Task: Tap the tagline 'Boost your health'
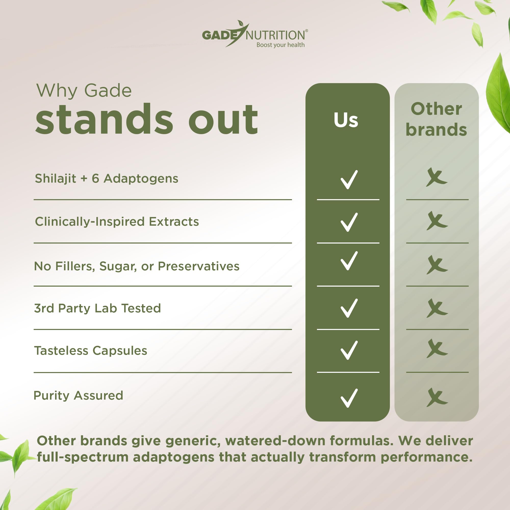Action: (x=280, y=45)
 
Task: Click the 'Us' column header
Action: (x=346, y=120)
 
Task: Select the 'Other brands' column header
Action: (x=436, y=119)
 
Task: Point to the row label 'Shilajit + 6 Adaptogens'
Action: (x=107, y=178)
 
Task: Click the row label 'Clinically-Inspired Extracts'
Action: (x=117, y=222)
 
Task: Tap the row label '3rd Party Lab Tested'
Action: (x=97, y=308)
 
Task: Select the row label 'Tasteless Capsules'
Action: (x=91, y=351)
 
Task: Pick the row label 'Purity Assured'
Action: (x=78, y=396)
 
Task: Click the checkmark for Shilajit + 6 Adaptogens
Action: (x=349, y=180)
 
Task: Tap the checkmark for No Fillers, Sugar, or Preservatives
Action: (x=349, y=261)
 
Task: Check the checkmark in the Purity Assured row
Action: (x=349, y=398)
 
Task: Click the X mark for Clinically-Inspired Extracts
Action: (x=437, y=221)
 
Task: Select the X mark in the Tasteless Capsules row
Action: (x=437, y=348)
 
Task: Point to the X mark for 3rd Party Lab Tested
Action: (x=437, y=308)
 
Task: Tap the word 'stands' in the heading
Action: (x=104, y=119)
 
